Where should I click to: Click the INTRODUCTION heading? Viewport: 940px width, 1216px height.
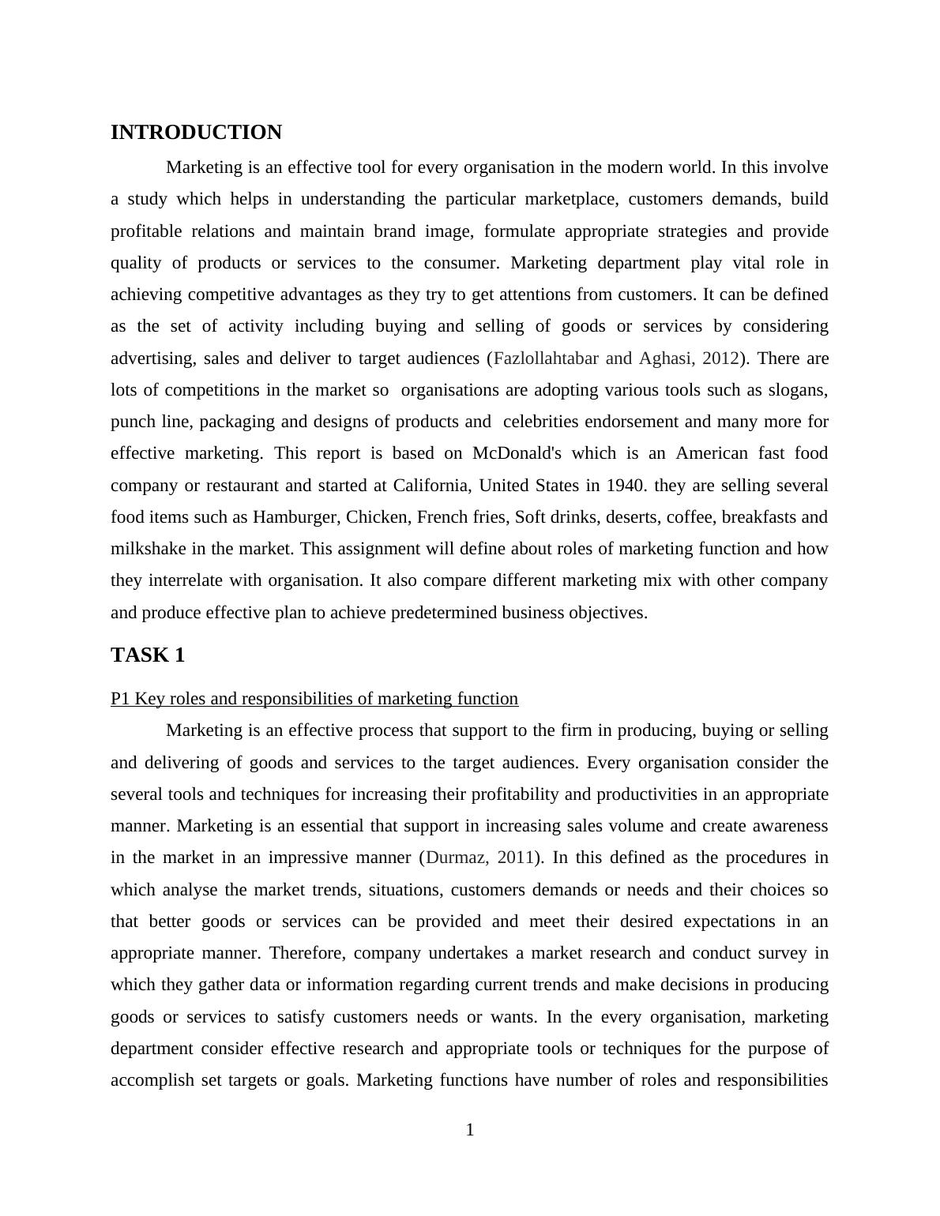196,133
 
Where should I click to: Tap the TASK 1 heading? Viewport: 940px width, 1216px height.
148,655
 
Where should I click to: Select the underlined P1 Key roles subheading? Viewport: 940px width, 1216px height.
314,699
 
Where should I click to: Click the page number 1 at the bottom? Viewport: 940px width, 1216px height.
470,1131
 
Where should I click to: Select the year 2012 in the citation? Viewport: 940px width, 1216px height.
720,358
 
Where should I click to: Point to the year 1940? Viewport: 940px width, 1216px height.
625,486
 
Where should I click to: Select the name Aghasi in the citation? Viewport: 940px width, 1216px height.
665,358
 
